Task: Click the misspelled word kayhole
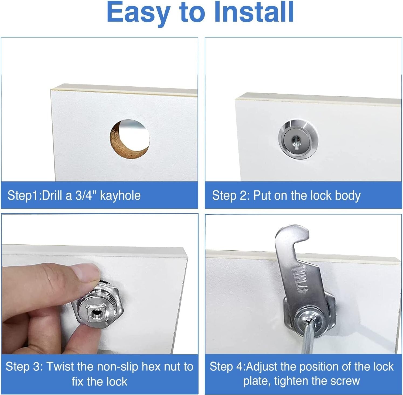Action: pos(120,195)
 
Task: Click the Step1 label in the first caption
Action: pos(23,195)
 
